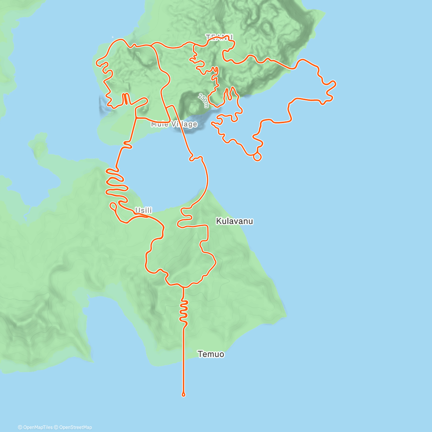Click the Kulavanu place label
tap(234, 221)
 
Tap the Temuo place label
tap(211, 354)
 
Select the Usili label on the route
tap(143, 210)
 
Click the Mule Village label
tap(174, 124)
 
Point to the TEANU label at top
tap(219, 37)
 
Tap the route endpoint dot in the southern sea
tap(184, 395)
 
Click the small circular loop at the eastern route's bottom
tap(257, 157)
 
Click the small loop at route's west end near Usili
tap(113, 206)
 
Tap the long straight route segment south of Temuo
tap(184, 360)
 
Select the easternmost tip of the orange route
tap(336, 84)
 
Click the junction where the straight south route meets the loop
tap(183, 287)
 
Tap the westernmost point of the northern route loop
tap(97, 63)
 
